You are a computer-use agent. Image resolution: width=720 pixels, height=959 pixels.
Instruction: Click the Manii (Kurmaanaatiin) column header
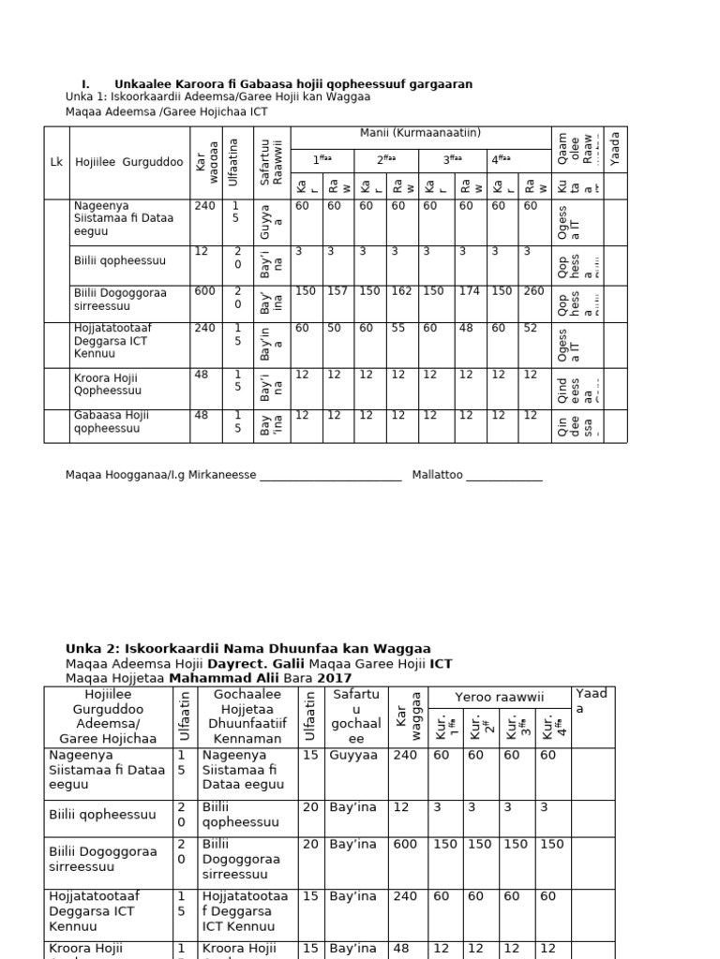coord(420,134)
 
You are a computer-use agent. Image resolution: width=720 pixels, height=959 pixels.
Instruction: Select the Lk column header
coord(55,162)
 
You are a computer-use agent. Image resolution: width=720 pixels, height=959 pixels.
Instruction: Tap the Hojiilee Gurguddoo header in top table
coord(129,162)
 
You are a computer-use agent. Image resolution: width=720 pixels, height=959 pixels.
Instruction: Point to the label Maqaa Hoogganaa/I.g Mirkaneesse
coord(160,476)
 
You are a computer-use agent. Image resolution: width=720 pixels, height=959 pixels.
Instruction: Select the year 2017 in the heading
coord(335,678)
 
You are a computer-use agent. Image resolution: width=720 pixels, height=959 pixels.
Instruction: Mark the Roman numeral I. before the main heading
coord(85,84)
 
